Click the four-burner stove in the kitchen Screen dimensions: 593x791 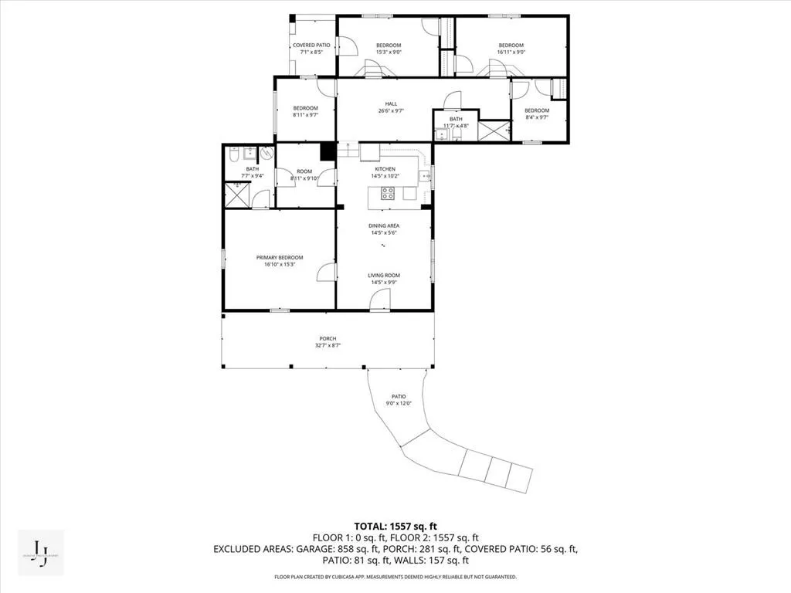click(388, 193)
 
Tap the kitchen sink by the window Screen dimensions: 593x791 click(424, 177)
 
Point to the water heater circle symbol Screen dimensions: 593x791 click(266, 152)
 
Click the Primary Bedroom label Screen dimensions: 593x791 click(280, 257)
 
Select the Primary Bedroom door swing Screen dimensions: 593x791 click(327, 272)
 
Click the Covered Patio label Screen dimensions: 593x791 click(311, 46)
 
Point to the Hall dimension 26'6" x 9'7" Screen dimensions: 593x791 click(391, 111)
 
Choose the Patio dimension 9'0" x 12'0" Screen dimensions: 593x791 click(399, 403)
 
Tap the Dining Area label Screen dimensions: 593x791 click(383, 225)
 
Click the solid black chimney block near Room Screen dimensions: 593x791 click(328, 151)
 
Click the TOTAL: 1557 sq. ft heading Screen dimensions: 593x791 click(395, 527)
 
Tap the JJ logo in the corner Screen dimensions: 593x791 click(39, 553)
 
